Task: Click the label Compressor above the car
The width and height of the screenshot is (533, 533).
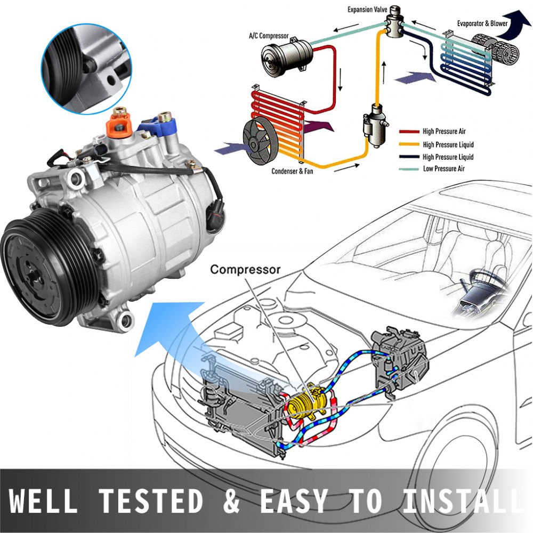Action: click(x=245, y=269)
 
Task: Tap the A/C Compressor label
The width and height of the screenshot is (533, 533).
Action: click(x=269, y=36)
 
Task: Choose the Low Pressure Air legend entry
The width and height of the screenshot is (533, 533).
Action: click(x=445, y=169)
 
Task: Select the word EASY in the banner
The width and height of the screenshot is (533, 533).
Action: click(x=293, y=502)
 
